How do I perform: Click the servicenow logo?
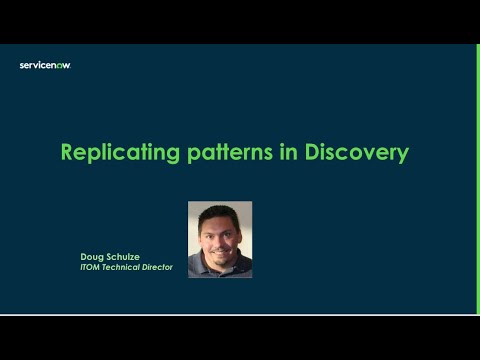tap(45, 65)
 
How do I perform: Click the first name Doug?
tap(92, 257)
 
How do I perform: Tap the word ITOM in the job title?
tap(92, 267)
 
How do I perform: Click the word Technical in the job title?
tap(125, 267)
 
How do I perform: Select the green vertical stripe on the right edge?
tap(478, 180)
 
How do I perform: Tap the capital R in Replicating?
tap(67, 153)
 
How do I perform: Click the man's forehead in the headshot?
tap(220, 221)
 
